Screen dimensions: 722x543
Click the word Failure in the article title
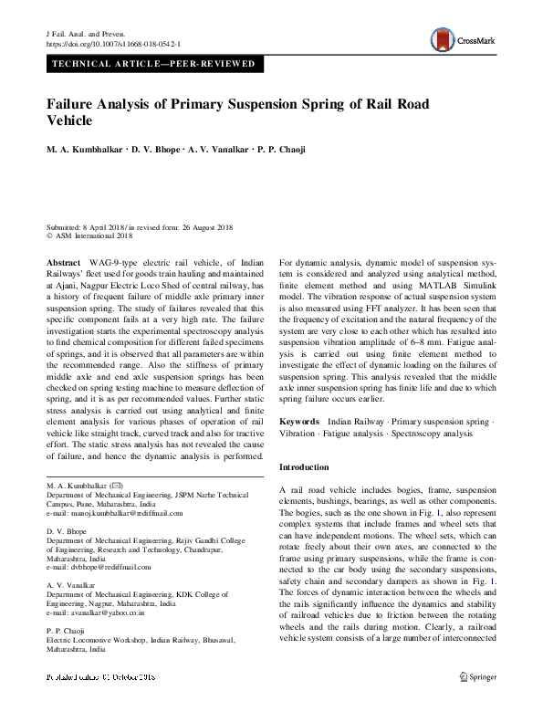72,104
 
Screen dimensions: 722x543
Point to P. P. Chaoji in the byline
291,148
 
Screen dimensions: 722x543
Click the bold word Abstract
62,262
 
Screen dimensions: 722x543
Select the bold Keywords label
299,422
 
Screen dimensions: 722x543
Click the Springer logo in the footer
477,702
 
